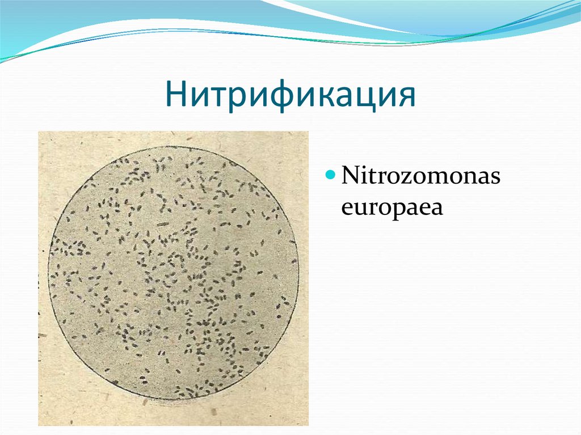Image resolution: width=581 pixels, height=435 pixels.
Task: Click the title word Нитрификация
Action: tap(290, 94)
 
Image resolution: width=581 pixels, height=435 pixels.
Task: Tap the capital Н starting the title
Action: tap(176, 94)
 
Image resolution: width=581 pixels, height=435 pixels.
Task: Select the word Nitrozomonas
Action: tap(420, 176)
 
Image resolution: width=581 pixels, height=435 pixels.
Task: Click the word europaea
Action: tap(391, 208)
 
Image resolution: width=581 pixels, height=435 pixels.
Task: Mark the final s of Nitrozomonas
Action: tap(495, 178)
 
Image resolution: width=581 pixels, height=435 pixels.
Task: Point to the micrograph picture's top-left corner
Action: tap(39, 132)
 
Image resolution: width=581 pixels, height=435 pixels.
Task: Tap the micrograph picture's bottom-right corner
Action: tap(309, 425)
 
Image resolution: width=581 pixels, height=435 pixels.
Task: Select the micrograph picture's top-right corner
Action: tap(309, 132)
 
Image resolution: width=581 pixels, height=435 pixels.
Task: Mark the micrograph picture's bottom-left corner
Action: tap(39, 425)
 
